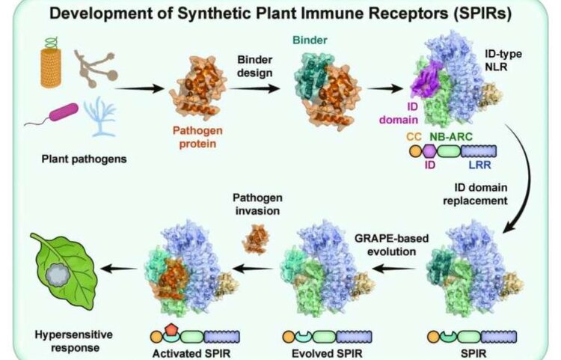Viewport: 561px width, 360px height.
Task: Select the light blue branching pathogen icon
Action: [99, 116]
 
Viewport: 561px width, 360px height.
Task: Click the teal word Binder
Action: [310, 40]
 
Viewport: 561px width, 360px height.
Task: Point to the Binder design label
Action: [255, 66]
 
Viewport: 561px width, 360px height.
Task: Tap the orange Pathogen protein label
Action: [197, 137]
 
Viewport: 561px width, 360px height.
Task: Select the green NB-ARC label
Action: [451, 136]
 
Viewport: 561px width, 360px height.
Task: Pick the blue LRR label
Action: [479, 165]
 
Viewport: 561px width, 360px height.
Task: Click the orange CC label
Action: [414, 136]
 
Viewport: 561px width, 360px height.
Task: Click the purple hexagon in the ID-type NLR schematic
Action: [429, 151]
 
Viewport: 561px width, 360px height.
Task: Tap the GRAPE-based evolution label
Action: [391, 245]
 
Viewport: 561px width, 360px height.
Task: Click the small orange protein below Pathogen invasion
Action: [256, 239]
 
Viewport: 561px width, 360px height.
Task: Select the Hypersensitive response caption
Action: [74, 341]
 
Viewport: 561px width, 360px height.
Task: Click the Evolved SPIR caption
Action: [327, 353]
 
